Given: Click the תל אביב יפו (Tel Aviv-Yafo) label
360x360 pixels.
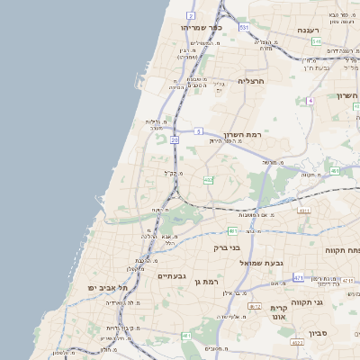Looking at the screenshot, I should pyautogui.click(x=107, y=287).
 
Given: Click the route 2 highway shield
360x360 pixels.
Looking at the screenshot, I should pyautogui.click(x=191, y=16).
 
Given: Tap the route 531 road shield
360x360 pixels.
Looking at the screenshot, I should pyautogui.click(x=243, y=27).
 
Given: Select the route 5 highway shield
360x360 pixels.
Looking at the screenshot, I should pyautogui.click(x=197, y=130).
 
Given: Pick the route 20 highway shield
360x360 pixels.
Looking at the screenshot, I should pyautogui.click(x=175, y=140).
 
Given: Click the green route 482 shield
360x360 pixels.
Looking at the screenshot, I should pyautogui.click(x=208, y=180).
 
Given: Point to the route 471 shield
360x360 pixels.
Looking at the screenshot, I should pyautogui.click(x=298, y=278).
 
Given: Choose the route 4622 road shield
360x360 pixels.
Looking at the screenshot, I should pyautogui.click(x=296, y=342).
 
